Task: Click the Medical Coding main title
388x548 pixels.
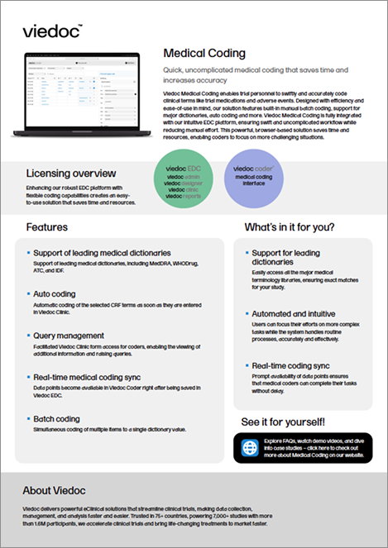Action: [204, 54]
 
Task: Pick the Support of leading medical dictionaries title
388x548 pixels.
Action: [102, 251]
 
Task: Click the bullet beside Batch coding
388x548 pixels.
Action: [28, 419]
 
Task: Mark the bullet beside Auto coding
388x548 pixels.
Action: [28, 293]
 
